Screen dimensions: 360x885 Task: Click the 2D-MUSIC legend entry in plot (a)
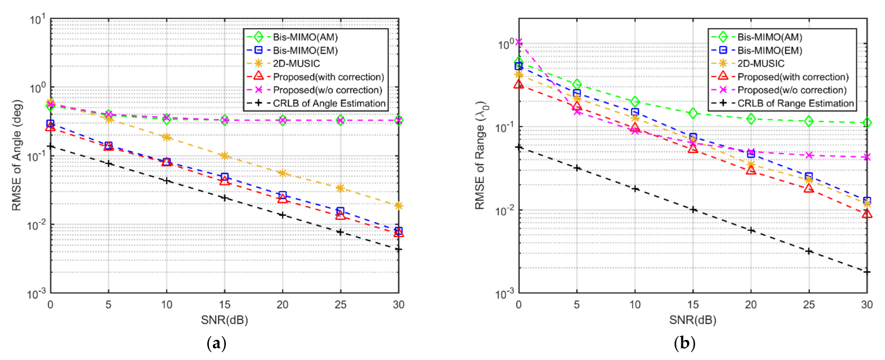296,64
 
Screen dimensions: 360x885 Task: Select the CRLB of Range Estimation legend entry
795,103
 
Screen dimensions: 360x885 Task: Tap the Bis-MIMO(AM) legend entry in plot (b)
770,37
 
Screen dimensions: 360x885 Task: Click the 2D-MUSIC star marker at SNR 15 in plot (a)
225,156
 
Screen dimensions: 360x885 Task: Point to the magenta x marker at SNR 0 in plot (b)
519,42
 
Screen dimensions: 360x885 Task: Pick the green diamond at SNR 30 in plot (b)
867,123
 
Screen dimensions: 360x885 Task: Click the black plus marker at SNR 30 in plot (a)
399,249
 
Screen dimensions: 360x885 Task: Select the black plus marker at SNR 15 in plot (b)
693,209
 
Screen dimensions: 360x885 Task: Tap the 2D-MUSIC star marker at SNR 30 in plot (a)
399,206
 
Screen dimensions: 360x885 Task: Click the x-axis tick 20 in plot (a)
282,304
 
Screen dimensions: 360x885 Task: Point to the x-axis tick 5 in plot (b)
577,304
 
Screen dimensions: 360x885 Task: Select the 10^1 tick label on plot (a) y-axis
38,20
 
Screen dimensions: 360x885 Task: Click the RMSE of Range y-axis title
480,155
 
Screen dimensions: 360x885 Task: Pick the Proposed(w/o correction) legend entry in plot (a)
327,90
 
